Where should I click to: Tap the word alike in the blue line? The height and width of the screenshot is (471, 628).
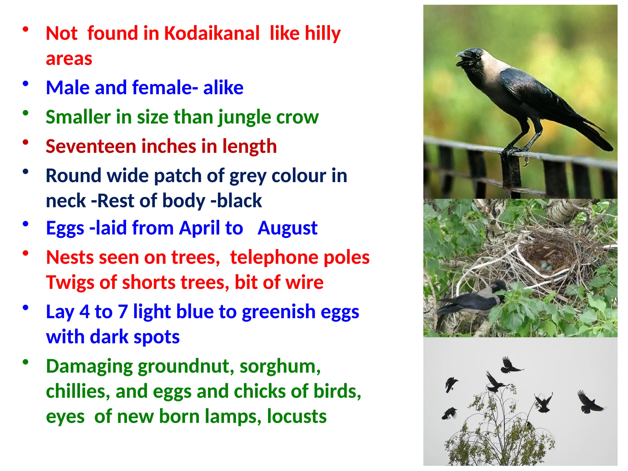pyautogui.click(x=223, y=88)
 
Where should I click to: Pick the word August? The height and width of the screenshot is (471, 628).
pyautogui.click(x=287, y=228)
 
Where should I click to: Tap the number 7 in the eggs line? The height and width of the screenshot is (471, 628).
pyautogui.click(x=123, y=312)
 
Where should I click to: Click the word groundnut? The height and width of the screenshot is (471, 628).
pyautogui.click(x=186, y=366)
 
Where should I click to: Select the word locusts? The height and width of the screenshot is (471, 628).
pyautogui.click(x=297, y=416)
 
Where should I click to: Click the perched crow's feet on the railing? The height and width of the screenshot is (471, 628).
pyautogui.click(x=515, y=151)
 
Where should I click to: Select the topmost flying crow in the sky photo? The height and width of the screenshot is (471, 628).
pyautogui.click(x=510, y=365)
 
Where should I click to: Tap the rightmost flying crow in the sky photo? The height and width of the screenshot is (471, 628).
pyautogui.click(x=589, y=402)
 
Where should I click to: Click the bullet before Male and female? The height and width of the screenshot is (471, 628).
pyautogui.click(x=26, y=84)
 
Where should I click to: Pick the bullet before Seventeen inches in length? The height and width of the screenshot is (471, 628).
pyautogui.click(x=26, y=142)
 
